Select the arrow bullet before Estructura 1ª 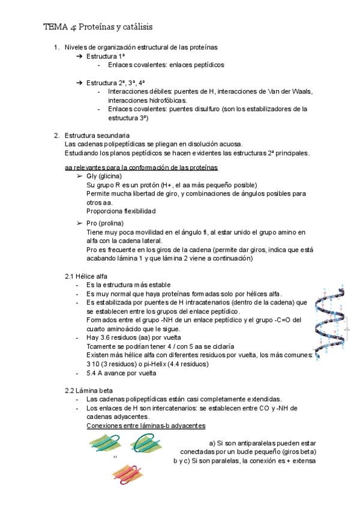tap(79, 56)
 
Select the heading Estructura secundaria tap(97, 135)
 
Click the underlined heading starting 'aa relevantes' tap(141, 167)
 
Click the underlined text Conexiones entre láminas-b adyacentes tap(146, 426)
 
